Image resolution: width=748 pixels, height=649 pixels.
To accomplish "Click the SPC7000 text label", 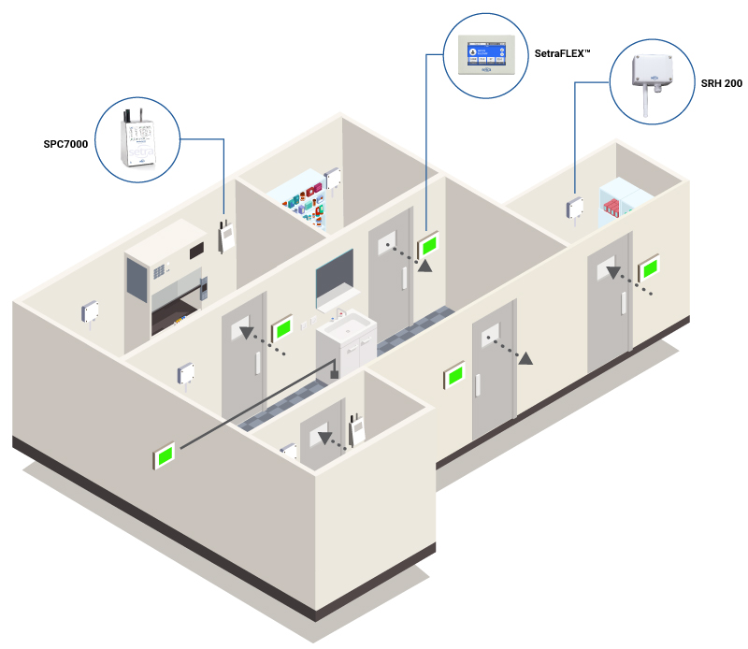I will tap(65, 145).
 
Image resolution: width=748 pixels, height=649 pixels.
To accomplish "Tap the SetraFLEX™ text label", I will tap(563, 54).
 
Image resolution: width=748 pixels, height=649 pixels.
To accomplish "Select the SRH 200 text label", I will tap(721, 84).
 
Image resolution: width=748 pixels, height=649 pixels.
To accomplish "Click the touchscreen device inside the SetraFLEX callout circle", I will tap(486, 54).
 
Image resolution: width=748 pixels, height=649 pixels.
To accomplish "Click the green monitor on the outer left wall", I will tap(165, 456).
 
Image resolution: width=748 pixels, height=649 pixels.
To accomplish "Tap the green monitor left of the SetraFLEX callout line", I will tap(430, 245).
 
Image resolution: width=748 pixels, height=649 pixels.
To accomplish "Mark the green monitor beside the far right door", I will tap(648, 269).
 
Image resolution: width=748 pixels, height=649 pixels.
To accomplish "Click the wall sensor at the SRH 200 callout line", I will tap(574, 209).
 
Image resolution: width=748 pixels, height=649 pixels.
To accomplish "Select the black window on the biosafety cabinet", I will tap(196, 251).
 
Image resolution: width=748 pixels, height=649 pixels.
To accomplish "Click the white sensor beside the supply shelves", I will tap(331, 177).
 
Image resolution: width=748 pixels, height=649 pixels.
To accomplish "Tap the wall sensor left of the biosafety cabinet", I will tap(91, 312).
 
